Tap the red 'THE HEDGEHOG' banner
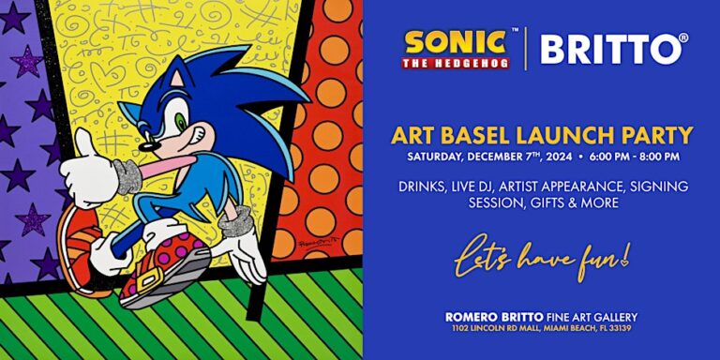(x=456, y=64)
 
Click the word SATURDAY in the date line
(x=440, y=156)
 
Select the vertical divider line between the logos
(x=525, y=49)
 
